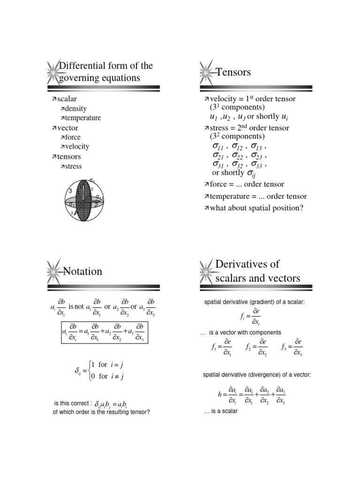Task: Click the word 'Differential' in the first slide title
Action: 82,65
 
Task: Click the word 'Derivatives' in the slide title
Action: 247,264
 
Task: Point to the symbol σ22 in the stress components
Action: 239,155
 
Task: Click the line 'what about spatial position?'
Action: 253,208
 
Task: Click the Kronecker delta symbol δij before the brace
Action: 78,370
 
